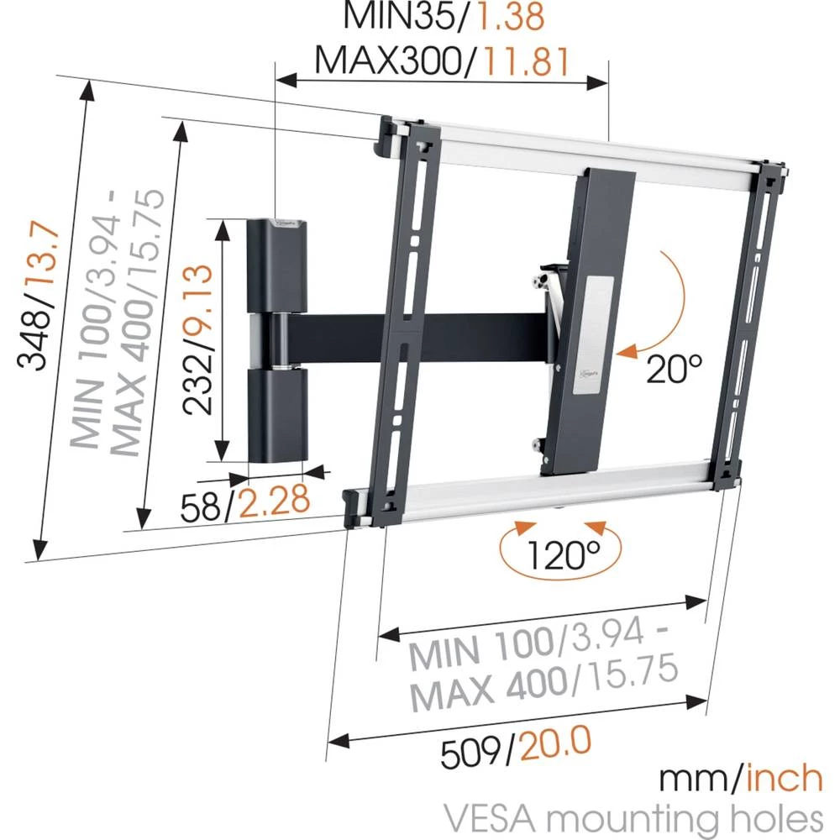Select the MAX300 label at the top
[382, 60]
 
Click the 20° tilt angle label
[674, 367]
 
